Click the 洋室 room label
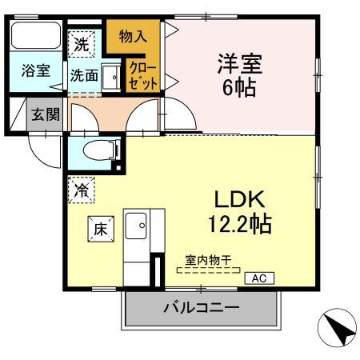point(238,62)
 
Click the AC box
point(260,278)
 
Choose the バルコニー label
point(202,308)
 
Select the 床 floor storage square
point(102,228)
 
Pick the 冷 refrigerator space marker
point(82,190)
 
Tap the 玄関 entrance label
point(45,114)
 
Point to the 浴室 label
point(35,70)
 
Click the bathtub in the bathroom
point(35,37)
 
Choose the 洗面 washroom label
point(83,76)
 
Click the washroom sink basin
point(112,77)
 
